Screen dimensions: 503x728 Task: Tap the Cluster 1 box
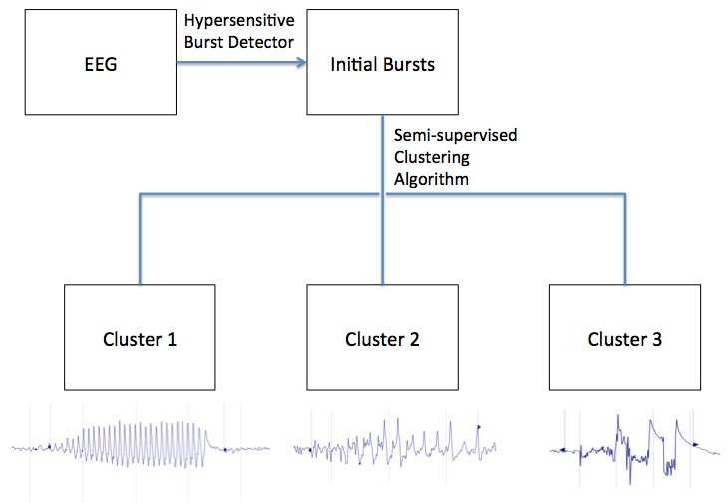point(140,338)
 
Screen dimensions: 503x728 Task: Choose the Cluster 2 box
point(382,338)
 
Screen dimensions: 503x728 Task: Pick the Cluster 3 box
point(624,338)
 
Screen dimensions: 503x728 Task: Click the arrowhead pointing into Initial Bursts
point(299,63)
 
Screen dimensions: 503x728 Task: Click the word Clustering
point(430,156)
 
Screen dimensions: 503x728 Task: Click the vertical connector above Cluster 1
point(140,240)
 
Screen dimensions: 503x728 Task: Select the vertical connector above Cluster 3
point(624,240)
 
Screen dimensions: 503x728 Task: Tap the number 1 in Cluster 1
point(173,339)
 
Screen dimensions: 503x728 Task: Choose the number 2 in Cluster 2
point(415,339)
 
